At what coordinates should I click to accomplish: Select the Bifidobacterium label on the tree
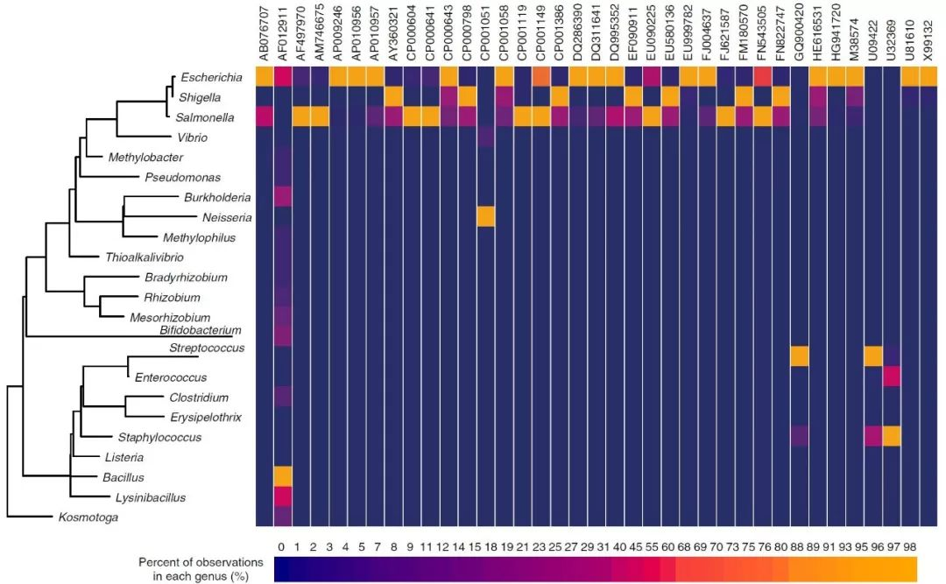(x=200, y=330)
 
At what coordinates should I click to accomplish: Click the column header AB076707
(x=265, y=35)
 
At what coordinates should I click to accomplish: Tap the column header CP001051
(x=485, y=35)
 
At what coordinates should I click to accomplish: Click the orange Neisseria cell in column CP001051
(x=485, y=216)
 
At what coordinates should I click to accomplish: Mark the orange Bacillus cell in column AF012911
(x=283, y=476)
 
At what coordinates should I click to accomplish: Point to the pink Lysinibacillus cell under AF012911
(x=283, y=496)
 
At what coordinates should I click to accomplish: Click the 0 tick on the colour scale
(x=280, y=547)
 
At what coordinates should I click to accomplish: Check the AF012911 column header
(x=283, y=35)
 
